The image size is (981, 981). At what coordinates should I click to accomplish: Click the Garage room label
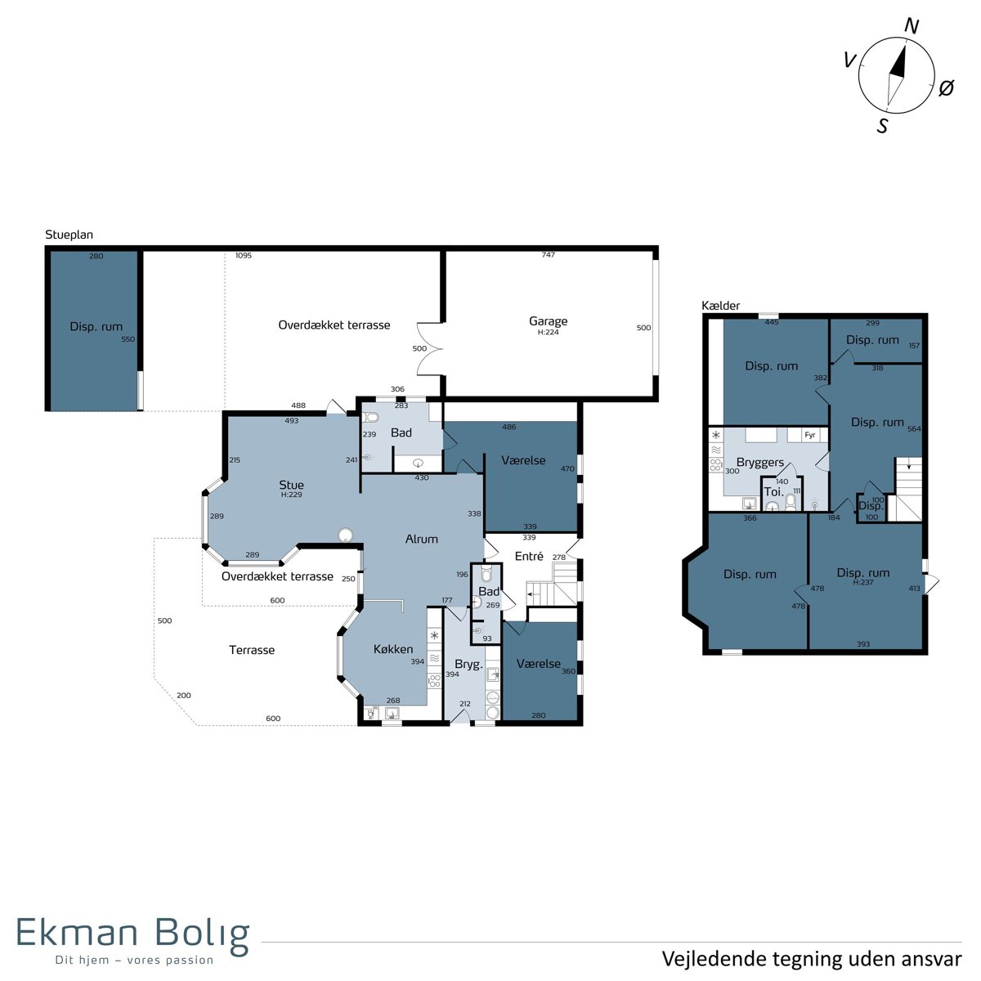(x=548, y=321)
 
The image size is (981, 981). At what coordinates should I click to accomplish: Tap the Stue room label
(x=291, y=485)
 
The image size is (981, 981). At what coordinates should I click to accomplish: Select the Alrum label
(x=422, y=539)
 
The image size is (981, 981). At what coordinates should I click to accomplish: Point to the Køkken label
(x=393, y=649)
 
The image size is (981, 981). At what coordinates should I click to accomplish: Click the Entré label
(x=529, y=556)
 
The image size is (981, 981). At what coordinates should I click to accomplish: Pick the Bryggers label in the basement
(x=760, y=463)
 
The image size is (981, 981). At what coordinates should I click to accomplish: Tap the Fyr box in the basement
(x=809, y=435)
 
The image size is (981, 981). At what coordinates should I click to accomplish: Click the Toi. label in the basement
(x=773, y=492)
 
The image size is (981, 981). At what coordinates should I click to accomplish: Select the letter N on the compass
(x=912, y=26)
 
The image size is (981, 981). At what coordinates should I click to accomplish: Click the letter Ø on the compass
(x=946, y=88)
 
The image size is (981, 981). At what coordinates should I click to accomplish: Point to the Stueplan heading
(x=69, y=235)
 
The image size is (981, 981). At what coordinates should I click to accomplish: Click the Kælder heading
(x=720, y=306)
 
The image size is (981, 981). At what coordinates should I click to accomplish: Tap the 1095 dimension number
(x=244, y=256)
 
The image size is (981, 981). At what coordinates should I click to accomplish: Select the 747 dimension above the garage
(x=549, y=254)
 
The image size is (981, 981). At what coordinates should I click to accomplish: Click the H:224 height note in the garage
(x=549, y=332)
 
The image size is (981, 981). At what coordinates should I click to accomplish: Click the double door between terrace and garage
(x=429, y=349)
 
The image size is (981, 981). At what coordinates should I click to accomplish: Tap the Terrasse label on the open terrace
(x=252, y=650)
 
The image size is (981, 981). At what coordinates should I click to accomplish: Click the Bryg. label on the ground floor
(x=468, y=665)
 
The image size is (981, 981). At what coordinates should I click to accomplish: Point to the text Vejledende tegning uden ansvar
(x=812, y=959)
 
